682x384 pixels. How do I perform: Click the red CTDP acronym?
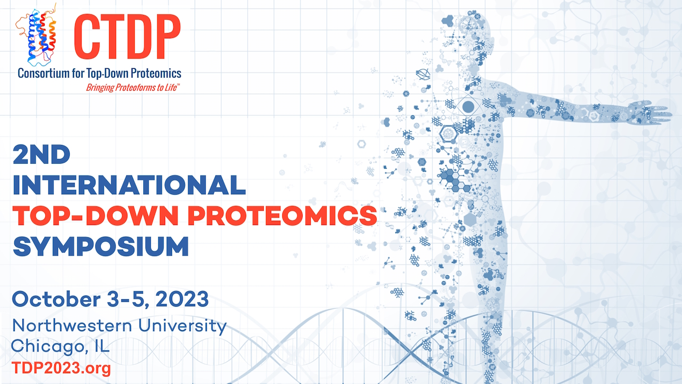pos(127,37)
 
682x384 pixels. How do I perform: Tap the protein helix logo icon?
pos(36,35)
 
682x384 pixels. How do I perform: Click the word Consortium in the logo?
pos(44,74)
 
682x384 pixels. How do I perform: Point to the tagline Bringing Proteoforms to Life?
pos(132,88)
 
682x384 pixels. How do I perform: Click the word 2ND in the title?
pos(42,155)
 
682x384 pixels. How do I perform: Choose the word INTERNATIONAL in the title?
pos(129,185)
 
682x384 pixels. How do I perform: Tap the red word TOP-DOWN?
pos(95,215)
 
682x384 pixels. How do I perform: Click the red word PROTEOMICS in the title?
pos(282,215)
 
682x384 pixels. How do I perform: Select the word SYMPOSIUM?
pos(101,246)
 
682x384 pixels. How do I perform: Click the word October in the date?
pos(56,299)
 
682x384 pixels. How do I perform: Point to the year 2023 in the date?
pos(182,299)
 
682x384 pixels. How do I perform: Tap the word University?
pos(182,327)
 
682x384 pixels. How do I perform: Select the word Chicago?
pos(48,347)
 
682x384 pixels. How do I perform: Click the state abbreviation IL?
pos(102,346)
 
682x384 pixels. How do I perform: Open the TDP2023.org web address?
pos(61,368)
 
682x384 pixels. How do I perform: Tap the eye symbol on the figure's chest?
pos(468,106)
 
